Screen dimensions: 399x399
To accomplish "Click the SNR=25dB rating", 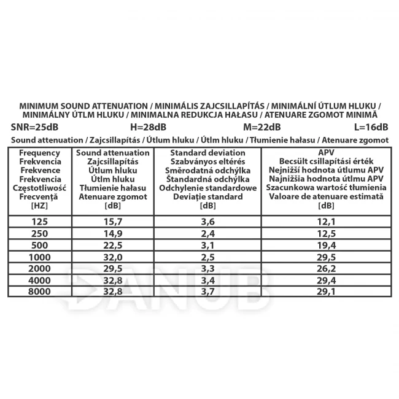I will tap(34, 128).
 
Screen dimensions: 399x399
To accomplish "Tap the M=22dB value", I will tap(261, 128).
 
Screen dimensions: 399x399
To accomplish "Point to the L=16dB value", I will tap(371, 128).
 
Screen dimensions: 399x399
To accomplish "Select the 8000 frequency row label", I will tap(39, 291).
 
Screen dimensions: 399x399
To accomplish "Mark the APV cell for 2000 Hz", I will tap(326, 268).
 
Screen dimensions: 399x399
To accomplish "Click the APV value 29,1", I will tap(326, 291).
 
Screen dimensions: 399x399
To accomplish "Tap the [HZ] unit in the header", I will tap(39, 206).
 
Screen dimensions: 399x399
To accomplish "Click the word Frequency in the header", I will tap(39, 153).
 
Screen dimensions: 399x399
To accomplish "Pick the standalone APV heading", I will tap(326, 153).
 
